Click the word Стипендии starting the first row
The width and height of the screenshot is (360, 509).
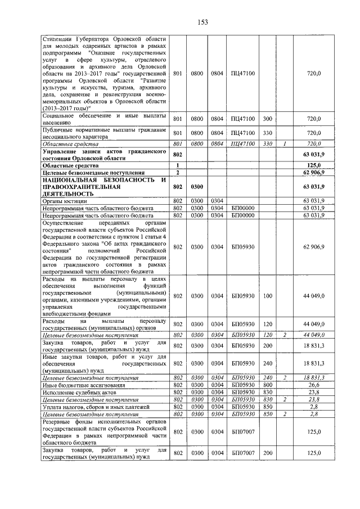click(58, 39)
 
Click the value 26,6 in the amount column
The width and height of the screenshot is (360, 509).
click(313, 385)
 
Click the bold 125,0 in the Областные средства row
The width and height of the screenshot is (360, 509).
click(312, 165)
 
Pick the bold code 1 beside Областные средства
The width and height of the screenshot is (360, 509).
click(178, 165)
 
